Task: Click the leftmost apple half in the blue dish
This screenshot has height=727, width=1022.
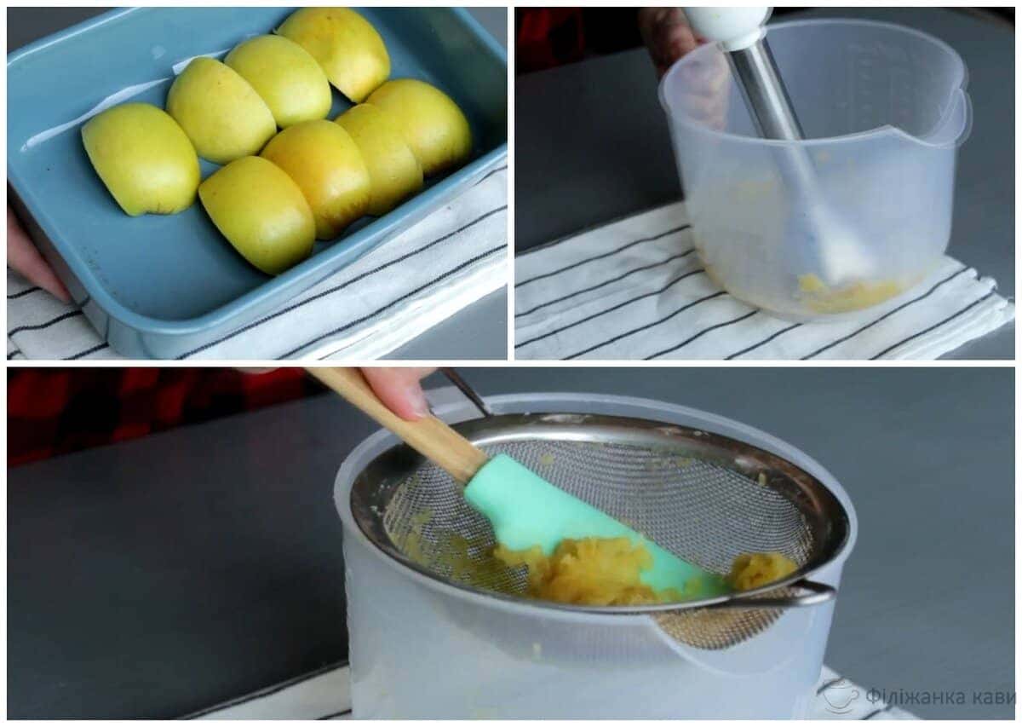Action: point(141,159)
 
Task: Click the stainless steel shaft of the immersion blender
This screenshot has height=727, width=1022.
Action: point(767,91)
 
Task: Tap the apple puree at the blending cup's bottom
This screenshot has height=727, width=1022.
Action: point(848,292)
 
